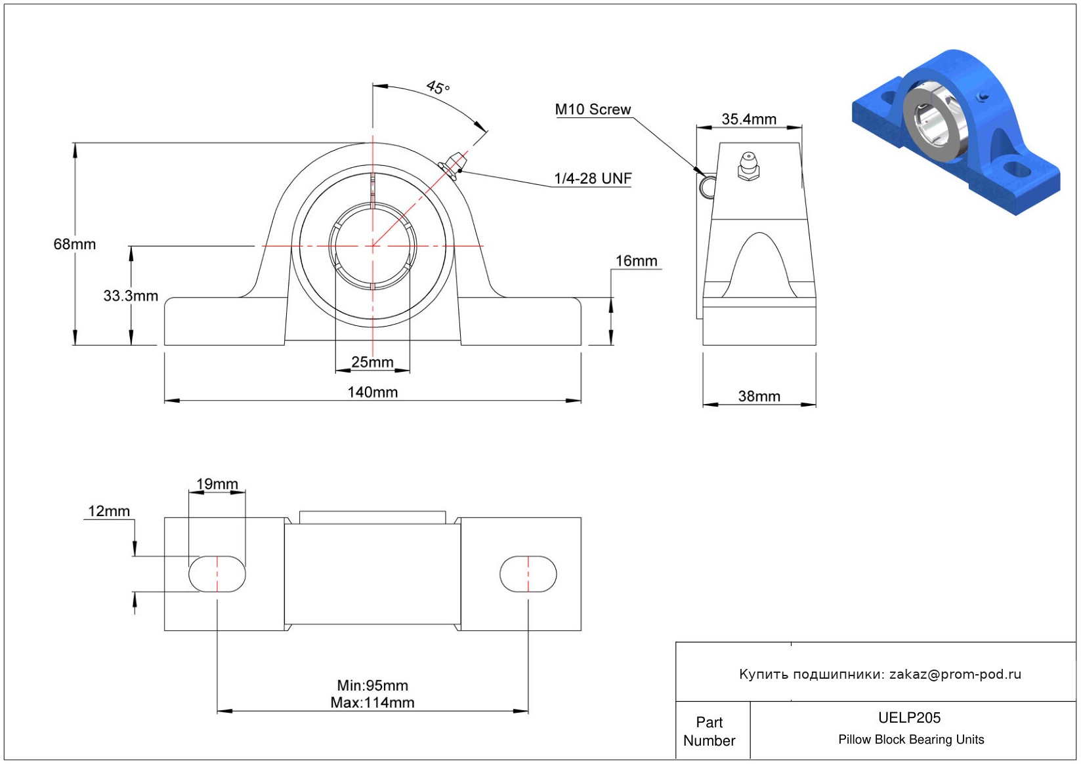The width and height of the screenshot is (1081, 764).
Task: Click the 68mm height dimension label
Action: coord(75,244)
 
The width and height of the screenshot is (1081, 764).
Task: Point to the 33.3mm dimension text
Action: coord(131,296)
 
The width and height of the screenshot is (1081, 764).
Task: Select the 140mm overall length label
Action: coord(373,392)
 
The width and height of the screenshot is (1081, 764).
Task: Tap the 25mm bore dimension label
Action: coord(372,362)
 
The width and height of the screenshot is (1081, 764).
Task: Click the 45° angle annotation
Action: coord(438,87)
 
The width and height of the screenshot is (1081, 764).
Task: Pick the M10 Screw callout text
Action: coord(593,110)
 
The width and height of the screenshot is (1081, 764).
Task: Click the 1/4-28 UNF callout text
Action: coord(593,178)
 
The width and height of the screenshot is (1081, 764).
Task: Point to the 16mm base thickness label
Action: coord(636,261)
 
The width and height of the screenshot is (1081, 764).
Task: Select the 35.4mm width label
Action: coord(749,119)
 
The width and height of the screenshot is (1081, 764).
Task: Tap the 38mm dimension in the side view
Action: coord(759,397)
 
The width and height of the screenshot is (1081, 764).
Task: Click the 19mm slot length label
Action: coord(217,484)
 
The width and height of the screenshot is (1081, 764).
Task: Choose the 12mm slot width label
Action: coord(109,512)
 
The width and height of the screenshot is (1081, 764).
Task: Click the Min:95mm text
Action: coord(373,685)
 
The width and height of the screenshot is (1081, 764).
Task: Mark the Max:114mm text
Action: coord(373,703)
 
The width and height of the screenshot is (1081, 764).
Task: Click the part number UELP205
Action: coord(909,717)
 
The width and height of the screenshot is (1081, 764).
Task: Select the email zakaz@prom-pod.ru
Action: coord(955,674)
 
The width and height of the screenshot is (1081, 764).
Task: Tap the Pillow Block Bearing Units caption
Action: coord(911,739)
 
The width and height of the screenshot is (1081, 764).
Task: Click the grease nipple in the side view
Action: coord(748,166)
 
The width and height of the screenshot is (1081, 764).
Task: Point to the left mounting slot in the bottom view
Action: coord(217,574)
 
